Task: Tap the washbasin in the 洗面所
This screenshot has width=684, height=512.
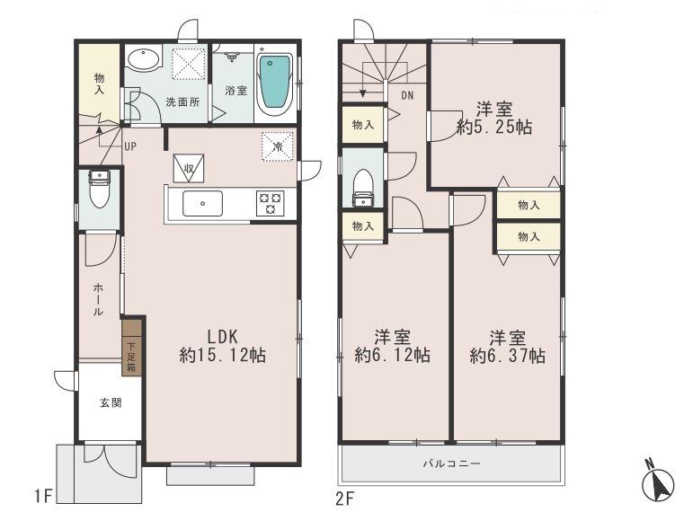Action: (142, 60)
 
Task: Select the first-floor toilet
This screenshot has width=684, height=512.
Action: (99, 190)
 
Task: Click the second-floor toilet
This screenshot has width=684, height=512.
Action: (363, 184)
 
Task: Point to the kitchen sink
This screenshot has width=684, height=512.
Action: (202, 203)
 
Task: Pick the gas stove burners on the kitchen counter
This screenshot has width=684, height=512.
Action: (269, 203)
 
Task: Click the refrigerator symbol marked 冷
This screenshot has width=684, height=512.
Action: (277, 146)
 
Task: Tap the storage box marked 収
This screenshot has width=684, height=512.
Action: (189, 167)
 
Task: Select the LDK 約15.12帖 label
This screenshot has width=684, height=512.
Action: (222, 346)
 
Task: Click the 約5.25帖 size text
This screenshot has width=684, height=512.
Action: (493, 128)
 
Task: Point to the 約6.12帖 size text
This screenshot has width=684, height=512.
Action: (392, 356)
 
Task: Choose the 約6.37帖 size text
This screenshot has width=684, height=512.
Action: (507, 356)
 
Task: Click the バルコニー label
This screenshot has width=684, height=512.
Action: (451, 464)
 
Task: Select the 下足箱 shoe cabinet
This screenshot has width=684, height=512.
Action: (131, 347)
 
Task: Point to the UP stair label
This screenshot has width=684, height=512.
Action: (130, 146)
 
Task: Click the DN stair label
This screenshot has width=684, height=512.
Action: (407, 95)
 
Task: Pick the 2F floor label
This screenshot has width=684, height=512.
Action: (346, 496)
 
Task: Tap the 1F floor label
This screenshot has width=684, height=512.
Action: (43, 496)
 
